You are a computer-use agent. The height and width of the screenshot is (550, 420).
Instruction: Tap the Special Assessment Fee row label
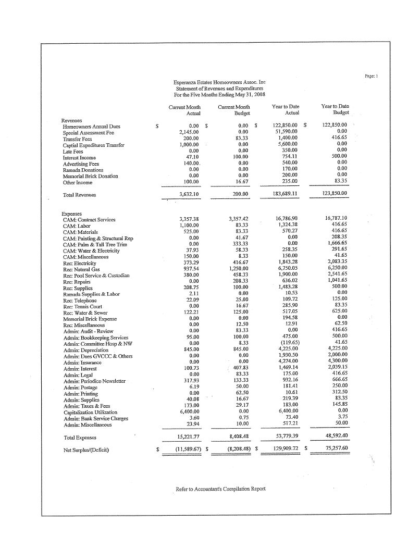pyautogui.click(x=88, y=132)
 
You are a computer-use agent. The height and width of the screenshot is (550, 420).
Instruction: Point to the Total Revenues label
pyautogui.click(x=79, y=195)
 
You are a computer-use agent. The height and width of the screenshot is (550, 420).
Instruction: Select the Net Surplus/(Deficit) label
pyautogui.click(x=87, y=448)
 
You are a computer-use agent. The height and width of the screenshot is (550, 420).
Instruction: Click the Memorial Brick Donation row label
pyautogui.click(x=90, y=176)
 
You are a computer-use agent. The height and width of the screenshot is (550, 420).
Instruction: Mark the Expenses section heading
pyautogui.click(x=72, y=214)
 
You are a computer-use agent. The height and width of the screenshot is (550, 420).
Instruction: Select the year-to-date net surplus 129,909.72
pyautogui.click(x=281, y=448)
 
